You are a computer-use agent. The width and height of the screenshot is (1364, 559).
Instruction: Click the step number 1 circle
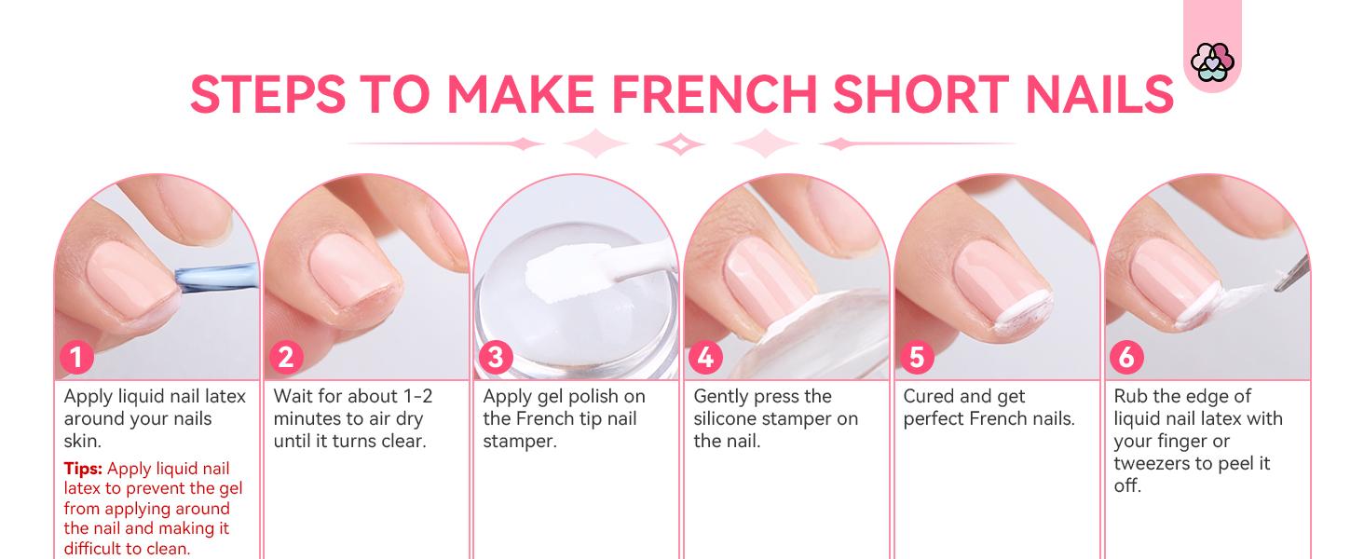tap(75, 358)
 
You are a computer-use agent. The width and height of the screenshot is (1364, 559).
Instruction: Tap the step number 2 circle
tap(285, 358)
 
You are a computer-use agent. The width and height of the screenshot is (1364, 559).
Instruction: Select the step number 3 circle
tap(495, 358)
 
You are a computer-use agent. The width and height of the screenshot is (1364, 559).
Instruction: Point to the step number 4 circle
tap(706, 358)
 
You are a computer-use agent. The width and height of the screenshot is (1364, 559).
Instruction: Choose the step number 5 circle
tap(916, 358)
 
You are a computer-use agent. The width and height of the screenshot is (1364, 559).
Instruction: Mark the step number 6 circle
tap(1126, 358)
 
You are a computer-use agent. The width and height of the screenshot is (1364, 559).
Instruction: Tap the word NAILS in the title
tap(1089, 93)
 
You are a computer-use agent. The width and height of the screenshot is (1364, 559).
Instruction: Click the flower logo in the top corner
tap(1211, 62)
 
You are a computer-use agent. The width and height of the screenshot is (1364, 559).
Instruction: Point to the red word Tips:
tap(83, 469)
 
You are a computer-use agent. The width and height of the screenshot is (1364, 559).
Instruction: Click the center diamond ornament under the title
tap(680, 144)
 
